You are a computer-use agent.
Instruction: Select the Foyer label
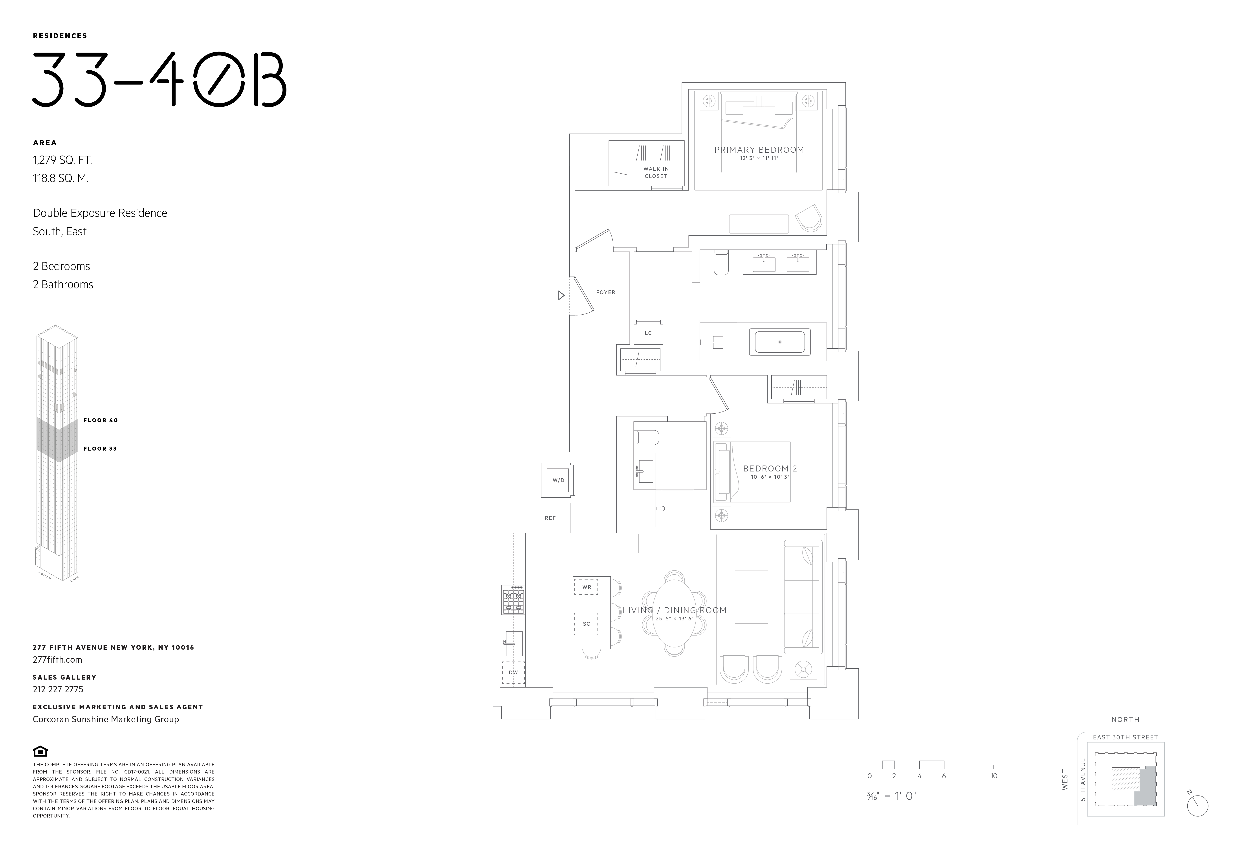(x=605, y=292)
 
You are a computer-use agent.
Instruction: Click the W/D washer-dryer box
(x=558, y=480)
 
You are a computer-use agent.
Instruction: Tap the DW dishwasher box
(x=513, y=672)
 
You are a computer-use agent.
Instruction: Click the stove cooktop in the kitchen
(x=513, y=601)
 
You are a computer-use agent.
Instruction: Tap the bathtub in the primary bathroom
(x=780, y=342)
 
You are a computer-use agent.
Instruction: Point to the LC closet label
(x=648, y=333)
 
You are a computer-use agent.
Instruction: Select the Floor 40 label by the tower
(x=100, y=420)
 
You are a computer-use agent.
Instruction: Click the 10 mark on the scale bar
(x=993, y=776)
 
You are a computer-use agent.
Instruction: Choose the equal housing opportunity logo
(x=40, y=751)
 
